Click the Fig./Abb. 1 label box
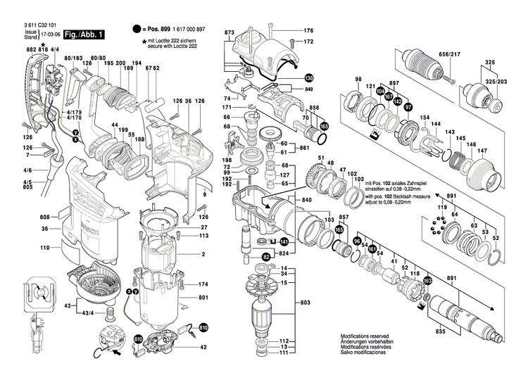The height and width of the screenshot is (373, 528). click(83, 34)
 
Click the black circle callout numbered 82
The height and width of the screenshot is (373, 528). click(267, 258)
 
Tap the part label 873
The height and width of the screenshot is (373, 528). click(230, 33)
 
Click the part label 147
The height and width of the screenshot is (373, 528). click(483, 151)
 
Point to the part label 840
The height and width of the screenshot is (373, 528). click(307, 201)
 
